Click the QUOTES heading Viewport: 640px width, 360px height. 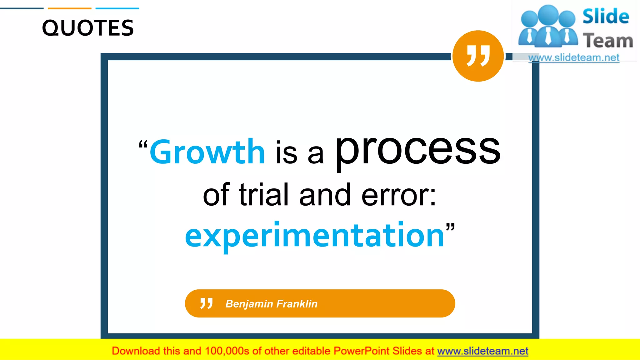coord(88,28)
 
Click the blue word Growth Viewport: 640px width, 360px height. coord(207,152)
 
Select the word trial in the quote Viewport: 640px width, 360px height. coord(263,195)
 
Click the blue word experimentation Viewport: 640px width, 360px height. coord(314,235)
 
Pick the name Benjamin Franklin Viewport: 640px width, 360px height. coord(271,304)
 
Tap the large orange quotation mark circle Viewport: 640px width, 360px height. coord(478,56)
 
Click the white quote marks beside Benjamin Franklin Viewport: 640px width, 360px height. coord(206,303)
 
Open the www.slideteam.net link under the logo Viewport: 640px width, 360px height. coord(574,58)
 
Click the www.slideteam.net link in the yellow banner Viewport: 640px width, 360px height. coord(482,351)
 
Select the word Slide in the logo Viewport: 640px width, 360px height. coord(606,17)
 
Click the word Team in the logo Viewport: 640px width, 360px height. coord(608,41)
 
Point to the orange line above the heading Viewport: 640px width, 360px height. coord(70,8)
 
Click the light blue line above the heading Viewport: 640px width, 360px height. coord(117,8)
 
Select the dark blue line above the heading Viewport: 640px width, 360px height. coord(22,8)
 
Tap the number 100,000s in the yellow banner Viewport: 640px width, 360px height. coord(227,351)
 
